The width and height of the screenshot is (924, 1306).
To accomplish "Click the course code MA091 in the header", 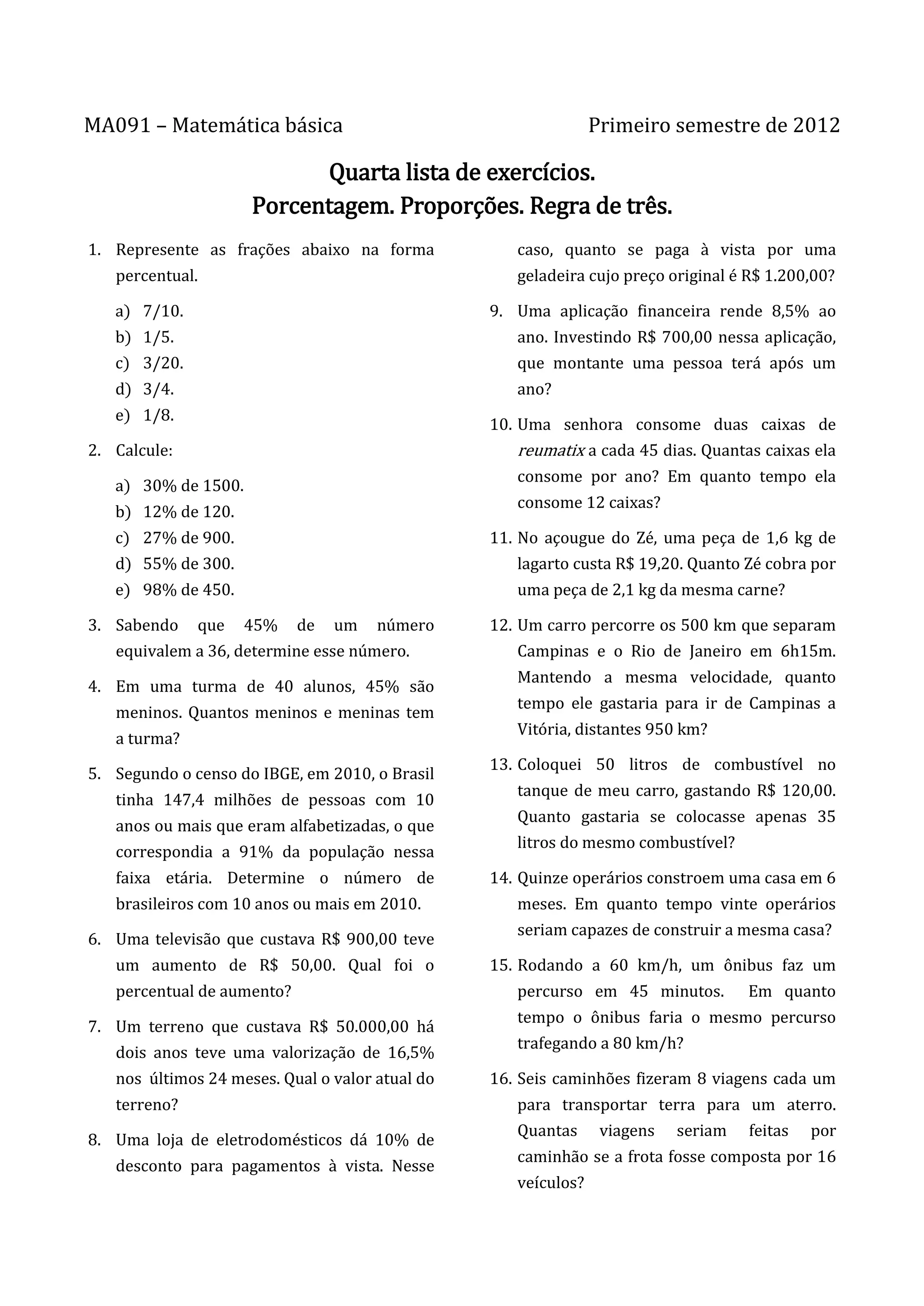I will coord(117,126).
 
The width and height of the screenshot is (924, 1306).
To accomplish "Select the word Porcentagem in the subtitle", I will coord(323,207).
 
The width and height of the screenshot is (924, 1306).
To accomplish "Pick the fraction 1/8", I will coord(158,415).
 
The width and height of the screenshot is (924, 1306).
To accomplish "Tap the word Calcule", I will coord(144,451).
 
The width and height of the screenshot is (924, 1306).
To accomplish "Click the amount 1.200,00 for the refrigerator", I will coord(799,276).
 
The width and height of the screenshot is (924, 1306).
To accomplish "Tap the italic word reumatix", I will coord(551,451).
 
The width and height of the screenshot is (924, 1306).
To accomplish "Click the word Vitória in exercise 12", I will coord(543,730).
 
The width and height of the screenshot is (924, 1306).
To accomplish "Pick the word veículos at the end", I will coord(550,1183).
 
